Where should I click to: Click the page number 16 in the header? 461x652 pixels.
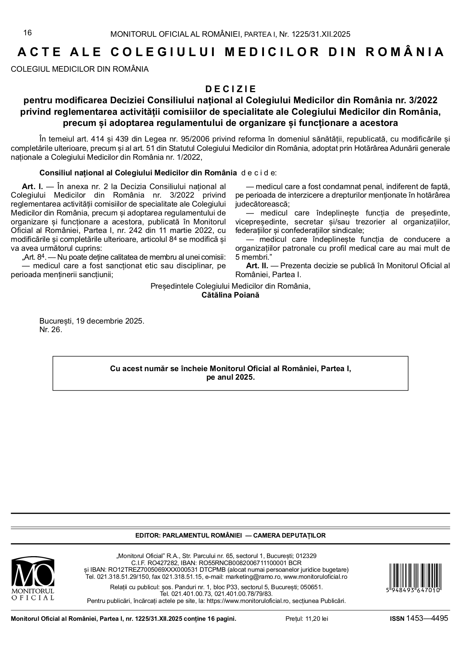pyautogui.click(x=28, y=33)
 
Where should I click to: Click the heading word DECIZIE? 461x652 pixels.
pyautogui.click(x=230, y=89)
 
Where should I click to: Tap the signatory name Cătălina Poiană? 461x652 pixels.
pyautogui.click(x=230, y=295)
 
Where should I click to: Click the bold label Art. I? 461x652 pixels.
pyautogui.click(x=32, y=186)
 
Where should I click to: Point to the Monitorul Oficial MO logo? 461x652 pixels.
pyautogui.click(x=33, y=578)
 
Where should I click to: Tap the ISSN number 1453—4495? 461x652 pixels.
pyautogui.click(x=427, y=618)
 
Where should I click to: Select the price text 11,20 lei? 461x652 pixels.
pyautogui.click(x=317, y=619)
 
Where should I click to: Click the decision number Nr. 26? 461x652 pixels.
pyautogui.click(x=51, y=330)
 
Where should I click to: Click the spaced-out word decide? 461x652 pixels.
pyautogui.click(x=259, y=173)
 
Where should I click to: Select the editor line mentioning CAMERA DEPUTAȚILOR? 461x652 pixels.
pyautogui.click(x=230, y=535)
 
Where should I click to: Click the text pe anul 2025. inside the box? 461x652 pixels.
pyautogui.click(x=230, y=377)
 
